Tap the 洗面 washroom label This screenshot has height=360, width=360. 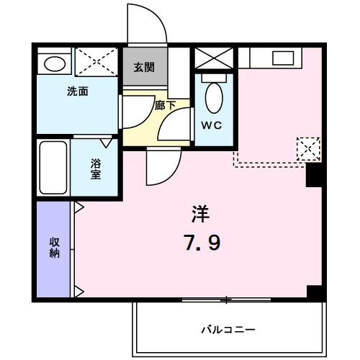pyautogui.click(x=78, y=92)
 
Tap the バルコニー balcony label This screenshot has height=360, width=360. pyautogui.click(x=228, y=330)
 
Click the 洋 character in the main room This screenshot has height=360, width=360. pyautogui.click(x=200, y=213)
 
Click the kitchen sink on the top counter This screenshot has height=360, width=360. pyautogui.click(x=282, y=58)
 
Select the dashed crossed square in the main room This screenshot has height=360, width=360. pyautogui.click(x=308, y=149)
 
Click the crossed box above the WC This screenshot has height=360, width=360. pyautogui.click(x=214, y=58)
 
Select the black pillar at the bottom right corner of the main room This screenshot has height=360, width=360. pyautogui.click(x=315, y=293)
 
